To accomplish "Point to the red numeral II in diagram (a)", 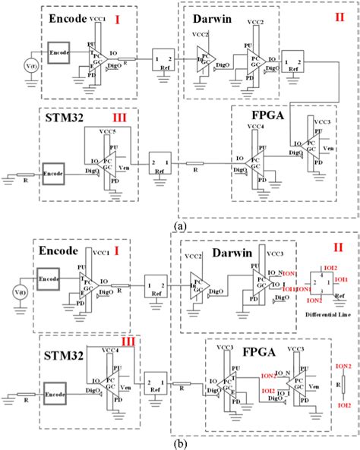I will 339,16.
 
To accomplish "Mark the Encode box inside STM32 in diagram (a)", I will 58,172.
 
